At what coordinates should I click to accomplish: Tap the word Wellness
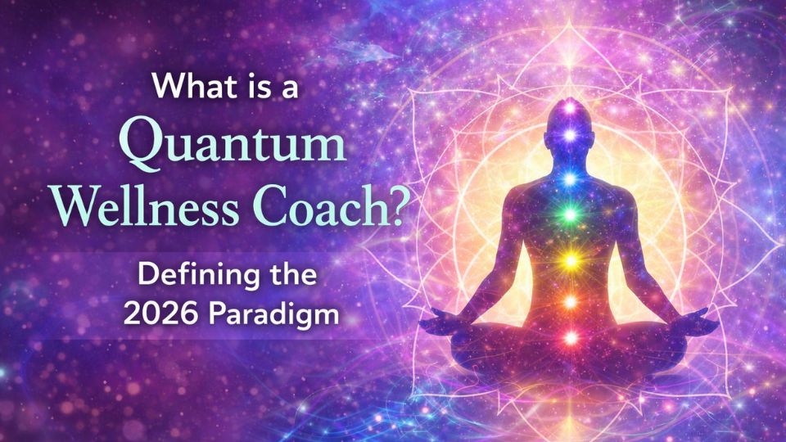[146, 205]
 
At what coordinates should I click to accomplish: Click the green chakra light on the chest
[570, 215]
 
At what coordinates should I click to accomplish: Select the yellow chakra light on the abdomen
[570, 260]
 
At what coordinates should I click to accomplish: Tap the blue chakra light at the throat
[570, 179]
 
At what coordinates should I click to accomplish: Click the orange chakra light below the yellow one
[571, 302]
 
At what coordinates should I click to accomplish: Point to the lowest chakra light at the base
[571, 338]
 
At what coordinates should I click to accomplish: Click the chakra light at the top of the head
[570, 106]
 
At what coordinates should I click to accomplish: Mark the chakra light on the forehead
[570, 135]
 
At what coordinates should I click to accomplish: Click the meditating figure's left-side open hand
[440, 320]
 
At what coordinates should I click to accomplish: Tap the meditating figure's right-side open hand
[698, 321]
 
